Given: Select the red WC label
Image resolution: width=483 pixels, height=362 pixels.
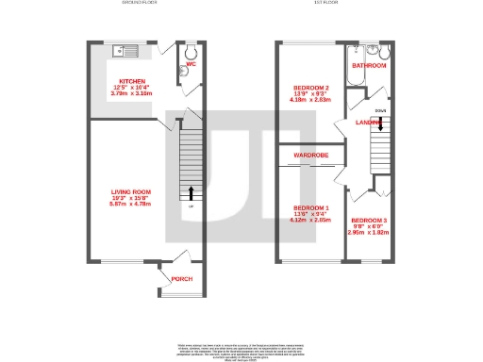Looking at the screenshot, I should (x=190, y=65).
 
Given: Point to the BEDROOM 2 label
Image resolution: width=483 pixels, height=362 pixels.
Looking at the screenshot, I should (x=310, y=86).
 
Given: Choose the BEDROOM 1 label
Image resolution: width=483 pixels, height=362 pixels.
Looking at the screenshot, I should (x=310, y=207).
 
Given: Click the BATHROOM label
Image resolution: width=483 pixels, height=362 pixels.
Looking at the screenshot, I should (x=369, y=66).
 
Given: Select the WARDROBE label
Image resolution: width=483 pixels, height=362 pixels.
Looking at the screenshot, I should (x=310, y=154).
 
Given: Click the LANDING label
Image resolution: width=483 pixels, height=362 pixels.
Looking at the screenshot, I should (x=369, y=123).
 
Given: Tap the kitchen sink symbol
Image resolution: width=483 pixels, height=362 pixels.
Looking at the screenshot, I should (x=124, y=48).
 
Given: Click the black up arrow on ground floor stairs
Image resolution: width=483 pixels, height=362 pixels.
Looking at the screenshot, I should (x=192, y=192).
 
